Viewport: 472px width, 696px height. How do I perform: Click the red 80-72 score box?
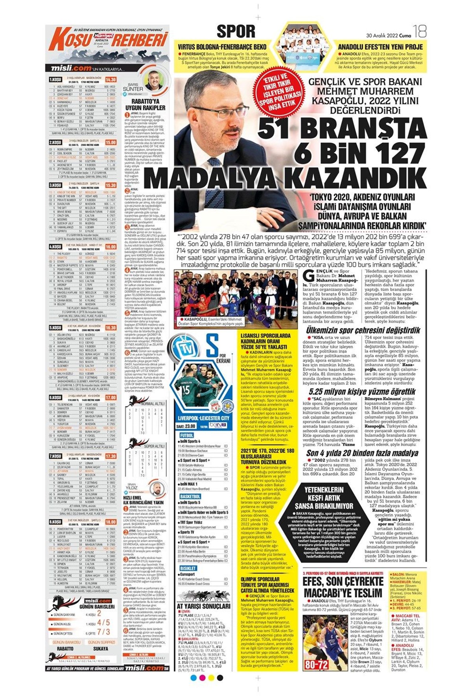click(x=316, y=665)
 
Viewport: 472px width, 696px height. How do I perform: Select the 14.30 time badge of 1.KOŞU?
click(x=111, y=79)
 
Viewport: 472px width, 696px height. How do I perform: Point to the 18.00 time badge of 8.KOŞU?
click(x=111, y=521)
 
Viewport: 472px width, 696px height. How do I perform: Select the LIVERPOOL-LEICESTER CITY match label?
click(x=203, y=417)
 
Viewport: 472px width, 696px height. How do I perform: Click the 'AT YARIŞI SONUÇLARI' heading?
click(x=203, y=606)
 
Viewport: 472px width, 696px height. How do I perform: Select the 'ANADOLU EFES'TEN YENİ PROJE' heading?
click(x=380, y=46)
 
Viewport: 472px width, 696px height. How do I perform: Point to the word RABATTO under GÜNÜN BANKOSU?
click(x=65, y=648)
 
